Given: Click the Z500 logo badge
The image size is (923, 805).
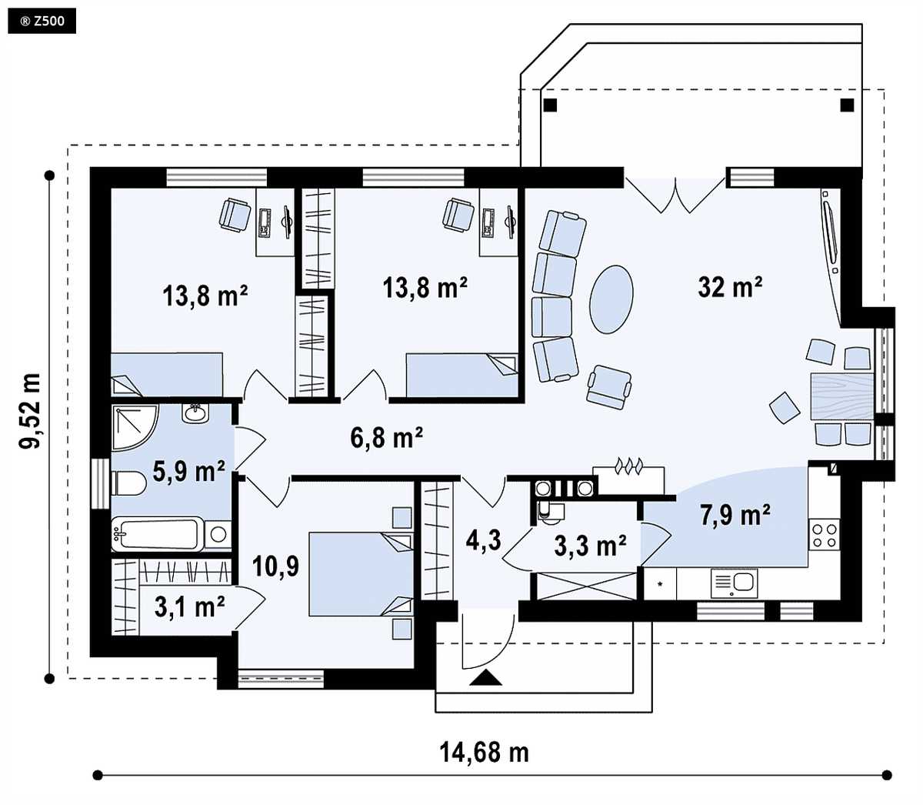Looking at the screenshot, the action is tap(42, 22).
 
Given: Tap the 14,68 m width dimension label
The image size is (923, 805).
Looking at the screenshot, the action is tap(484, 752).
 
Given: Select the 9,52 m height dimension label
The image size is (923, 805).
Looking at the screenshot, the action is tap(31, 411).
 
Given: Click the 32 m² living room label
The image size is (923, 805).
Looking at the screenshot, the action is tap(730, 286).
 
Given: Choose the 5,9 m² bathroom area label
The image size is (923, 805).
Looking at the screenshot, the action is tap(188, 471).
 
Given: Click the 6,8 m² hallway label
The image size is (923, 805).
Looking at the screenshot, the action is tap(387, 438).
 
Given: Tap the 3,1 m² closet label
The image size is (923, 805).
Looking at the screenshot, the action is tap(189, 606).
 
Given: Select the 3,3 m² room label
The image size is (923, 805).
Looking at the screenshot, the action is tap(590, 546).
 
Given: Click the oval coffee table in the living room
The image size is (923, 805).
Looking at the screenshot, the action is tap(611, 299).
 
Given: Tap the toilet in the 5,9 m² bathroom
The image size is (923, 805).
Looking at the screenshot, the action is tap(128, 483).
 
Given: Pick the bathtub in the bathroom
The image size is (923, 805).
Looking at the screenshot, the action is tap(158, 535).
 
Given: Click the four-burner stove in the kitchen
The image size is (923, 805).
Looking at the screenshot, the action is tap(825, 535).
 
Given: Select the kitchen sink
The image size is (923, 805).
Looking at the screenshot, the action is tap(734, 583).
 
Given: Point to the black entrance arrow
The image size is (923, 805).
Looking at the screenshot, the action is tap(485, 677).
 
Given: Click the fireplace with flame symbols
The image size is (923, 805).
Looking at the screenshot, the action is tap(628, 480).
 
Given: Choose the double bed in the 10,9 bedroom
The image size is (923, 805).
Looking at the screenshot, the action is tap(361, 574).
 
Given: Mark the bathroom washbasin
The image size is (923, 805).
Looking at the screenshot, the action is tap(196, 413).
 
